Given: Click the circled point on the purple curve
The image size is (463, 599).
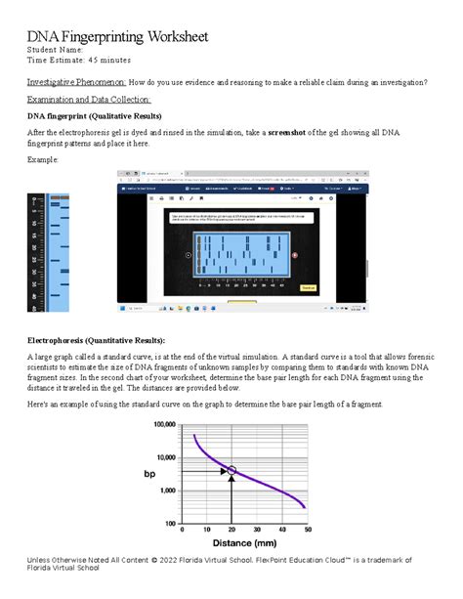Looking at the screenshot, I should coord(231,471).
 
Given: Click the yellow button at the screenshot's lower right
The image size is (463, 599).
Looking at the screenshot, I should coord(362,289).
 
